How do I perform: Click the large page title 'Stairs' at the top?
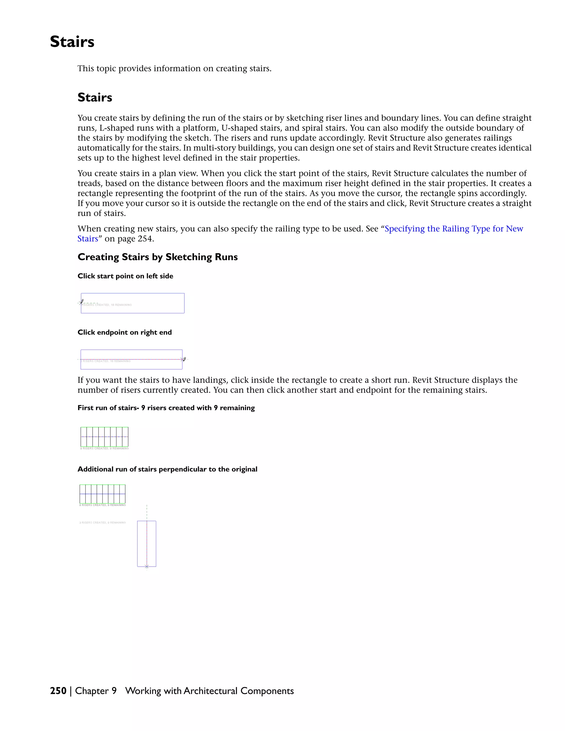pos(72,42)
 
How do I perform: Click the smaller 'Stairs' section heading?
pos(95,97)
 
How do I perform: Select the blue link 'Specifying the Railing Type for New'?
pos(454,229)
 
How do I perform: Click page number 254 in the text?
pos(145,239)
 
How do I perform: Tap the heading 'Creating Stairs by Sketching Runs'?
pos(157,257)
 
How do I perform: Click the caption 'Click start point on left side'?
pos(125,276)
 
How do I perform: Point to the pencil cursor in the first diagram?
pos(82,301)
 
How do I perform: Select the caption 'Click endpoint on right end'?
pos(124,332)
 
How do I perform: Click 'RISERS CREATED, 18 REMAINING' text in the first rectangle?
pos(107,305)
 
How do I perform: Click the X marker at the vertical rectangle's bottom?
pos(146,566)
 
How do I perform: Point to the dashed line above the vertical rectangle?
pos(146,512)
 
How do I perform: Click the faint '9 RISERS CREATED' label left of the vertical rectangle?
pos(102,522)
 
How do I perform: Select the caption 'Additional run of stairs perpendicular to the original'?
pos(167,469)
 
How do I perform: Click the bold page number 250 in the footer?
pos(58,691)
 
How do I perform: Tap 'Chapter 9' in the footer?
pos(96,691)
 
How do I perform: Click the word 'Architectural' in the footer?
pos(210,691)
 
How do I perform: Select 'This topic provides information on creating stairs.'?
pos(174,69)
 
